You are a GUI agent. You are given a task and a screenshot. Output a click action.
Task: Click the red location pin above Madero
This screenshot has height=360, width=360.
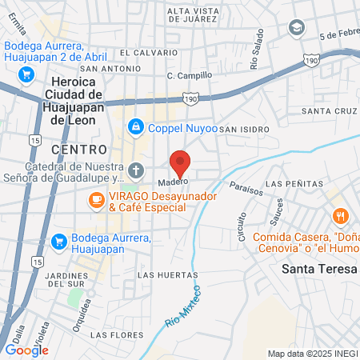point(181,162)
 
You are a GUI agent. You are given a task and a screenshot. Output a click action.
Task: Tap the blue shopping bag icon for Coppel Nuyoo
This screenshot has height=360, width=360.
point(136,126)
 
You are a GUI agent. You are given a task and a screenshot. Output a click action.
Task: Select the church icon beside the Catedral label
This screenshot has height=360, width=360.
point(136,170)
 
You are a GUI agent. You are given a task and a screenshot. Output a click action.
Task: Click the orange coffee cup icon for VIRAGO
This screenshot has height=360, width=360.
point(96,198)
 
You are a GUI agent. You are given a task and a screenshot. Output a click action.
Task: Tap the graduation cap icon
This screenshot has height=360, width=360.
point(298,28)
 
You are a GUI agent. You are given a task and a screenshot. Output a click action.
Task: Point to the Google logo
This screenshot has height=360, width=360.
point(26,350)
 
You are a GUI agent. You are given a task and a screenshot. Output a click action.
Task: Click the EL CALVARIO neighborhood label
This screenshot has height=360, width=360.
point(149,52)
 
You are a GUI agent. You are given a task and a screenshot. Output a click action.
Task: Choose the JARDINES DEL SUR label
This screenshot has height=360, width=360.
point(76,279)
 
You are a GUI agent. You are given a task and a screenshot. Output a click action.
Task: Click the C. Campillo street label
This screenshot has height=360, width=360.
point(190,75)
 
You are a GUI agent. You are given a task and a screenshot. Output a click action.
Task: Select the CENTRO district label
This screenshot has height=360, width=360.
point(78,149)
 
